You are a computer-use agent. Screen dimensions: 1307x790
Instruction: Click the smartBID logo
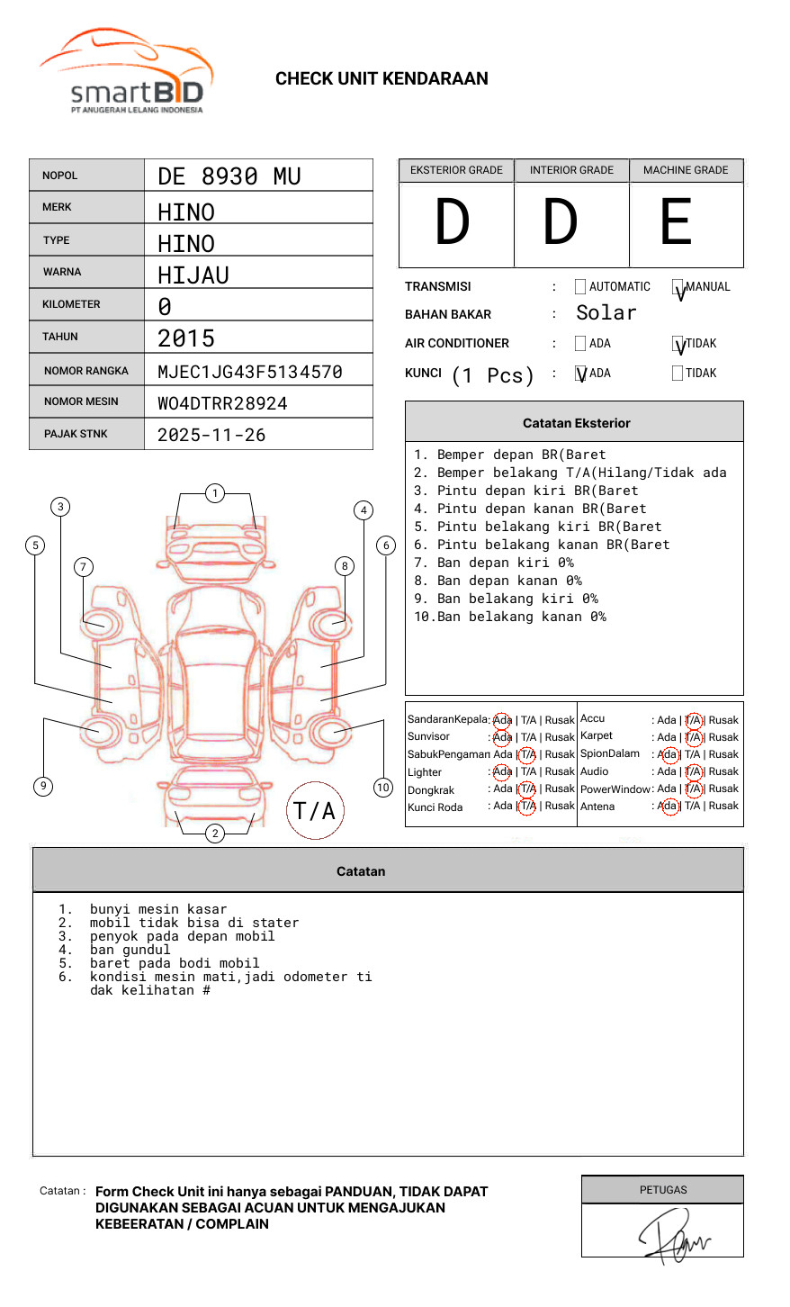pos(126,72)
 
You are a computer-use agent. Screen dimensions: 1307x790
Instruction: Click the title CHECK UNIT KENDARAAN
pos(382,79)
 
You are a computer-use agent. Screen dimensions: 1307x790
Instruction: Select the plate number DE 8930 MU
pos(229,176)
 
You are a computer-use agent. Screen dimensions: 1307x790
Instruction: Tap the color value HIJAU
pos(193,275)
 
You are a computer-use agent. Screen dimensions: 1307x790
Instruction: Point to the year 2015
pos(186,338)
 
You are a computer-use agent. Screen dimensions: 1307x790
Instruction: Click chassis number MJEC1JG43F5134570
pos(250,372)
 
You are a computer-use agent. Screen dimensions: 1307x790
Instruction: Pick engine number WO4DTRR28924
pos(222,403)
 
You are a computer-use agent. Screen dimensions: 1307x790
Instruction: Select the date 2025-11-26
pos(211,436)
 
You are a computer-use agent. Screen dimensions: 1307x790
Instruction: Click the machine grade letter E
pos(676,222)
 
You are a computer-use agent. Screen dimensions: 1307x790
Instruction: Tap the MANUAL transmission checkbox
pos(678,288)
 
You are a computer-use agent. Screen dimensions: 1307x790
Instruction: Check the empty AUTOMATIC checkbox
pos(580,287)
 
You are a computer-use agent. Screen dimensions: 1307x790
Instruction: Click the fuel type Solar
pos(606,313)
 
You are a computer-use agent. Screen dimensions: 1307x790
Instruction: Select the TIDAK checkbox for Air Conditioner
pos(678,344)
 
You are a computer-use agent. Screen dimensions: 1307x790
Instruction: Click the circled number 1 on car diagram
pos(214,493)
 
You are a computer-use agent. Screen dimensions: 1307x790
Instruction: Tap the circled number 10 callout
pos(383,788)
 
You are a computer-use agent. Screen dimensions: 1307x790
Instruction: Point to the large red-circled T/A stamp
pos(315,810)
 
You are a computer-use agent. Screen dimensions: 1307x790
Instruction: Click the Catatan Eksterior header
pos(576,423)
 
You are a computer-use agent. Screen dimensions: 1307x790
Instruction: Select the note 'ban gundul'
pos(130,950)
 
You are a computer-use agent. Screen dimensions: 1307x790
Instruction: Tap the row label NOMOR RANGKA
pos(86,371)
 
